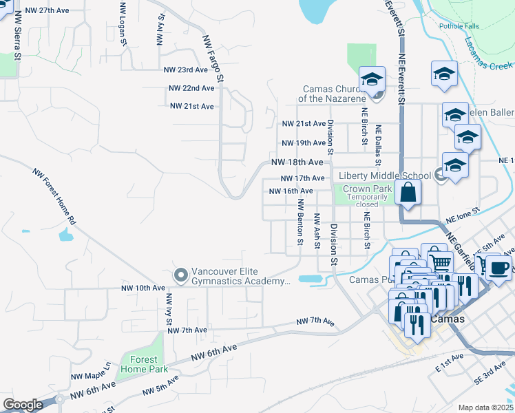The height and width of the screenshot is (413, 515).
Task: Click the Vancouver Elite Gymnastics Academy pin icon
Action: [181, 275]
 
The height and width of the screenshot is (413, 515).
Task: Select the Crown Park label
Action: [367, 189]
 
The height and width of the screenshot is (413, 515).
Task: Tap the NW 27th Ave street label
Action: [48, 11]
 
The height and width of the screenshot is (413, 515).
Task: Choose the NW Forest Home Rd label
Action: [54, 197]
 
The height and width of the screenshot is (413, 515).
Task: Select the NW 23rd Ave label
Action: [185, 70]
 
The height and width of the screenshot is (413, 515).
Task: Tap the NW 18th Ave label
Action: [297, 162]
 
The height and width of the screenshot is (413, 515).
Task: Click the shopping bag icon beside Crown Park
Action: [408, 193]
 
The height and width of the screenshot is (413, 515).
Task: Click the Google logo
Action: [23, 404]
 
